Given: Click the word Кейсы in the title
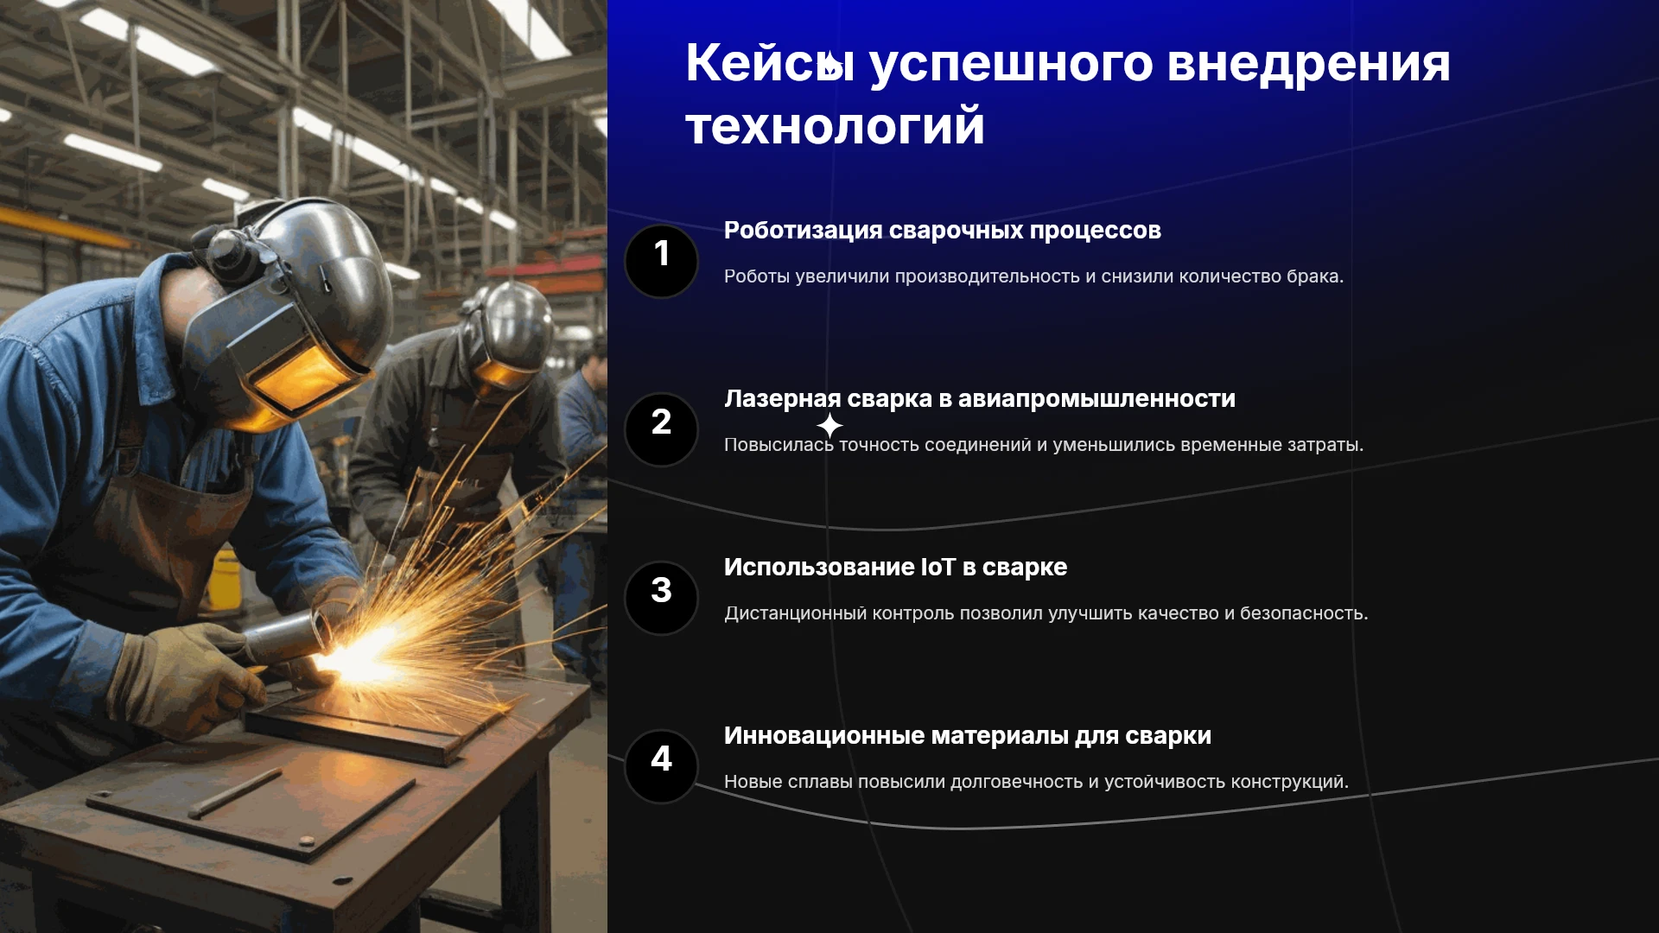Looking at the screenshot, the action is (x=770, y=64).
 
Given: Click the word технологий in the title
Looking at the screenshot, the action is (x=835, y=127).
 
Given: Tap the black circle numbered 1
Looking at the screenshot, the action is (x=661, y=261).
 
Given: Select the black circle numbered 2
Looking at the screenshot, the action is (x=661, y=429).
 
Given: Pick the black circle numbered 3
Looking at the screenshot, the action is (x=661, y=598).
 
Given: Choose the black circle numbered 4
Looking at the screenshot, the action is (x=661, y=766).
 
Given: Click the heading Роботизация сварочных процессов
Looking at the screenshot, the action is (x=942, y=231).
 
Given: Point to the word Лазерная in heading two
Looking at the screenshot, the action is (x=782, y=399).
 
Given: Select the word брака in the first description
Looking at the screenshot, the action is (x=1314, y=276).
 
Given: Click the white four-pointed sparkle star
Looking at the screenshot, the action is (x=829, y=426).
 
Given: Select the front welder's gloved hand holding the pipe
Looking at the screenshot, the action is (x=186, y=678).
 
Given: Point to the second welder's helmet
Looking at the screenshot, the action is (x=510, y=333).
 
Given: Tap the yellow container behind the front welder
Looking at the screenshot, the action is (x=224, y=576).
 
